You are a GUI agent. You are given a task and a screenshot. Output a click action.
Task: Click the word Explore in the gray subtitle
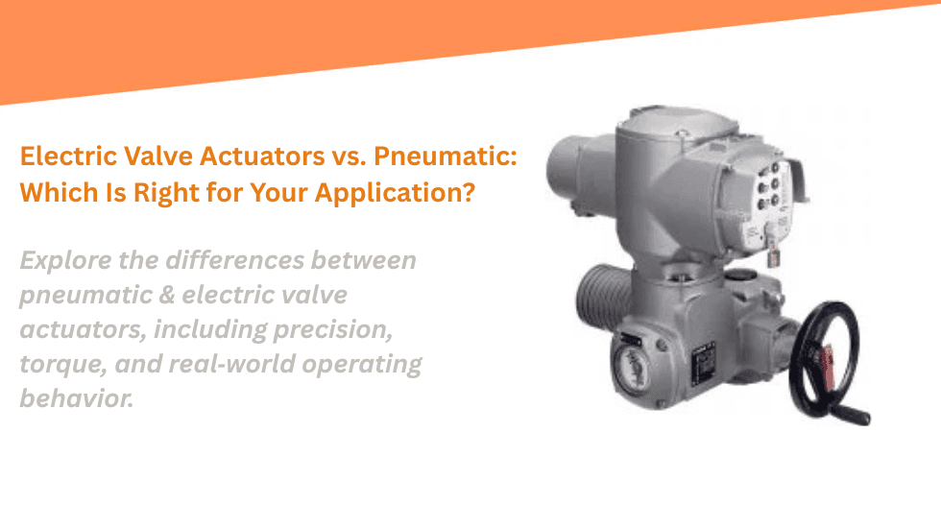pyautogui.click(x=60, y=260)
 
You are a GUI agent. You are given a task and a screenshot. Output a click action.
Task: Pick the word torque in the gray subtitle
pyautogui.click(x=58, y=364)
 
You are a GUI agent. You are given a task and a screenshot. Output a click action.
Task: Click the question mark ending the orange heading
pyautogui.click(x=467, y=192)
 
